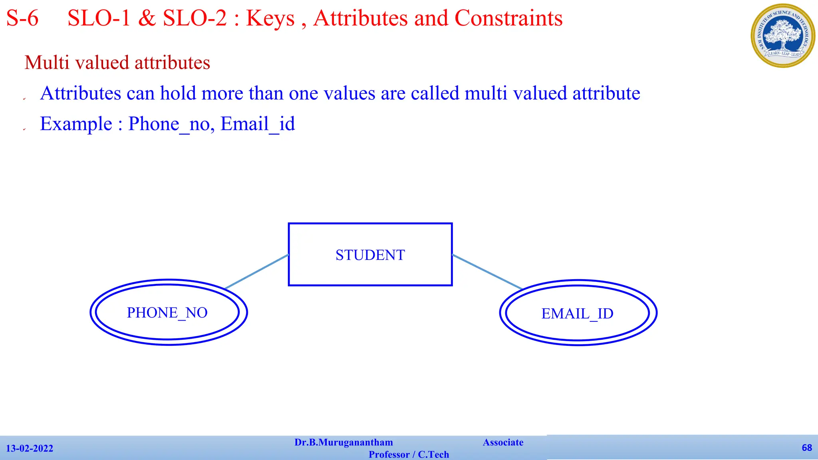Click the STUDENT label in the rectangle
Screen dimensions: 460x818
pos(370,255)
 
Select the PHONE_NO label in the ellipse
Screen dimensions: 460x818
pos(167,313)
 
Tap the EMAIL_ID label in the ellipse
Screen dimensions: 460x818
pos(577,314)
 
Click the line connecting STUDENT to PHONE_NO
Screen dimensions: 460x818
pos(256,272)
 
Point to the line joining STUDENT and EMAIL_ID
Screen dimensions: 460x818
pos(487,272)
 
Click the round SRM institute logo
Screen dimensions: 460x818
pos(783,36)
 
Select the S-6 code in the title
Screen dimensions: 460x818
pos(22,18)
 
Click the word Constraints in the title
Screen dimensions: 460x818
pos(508,18)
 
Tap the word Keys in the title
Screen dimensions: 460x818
pos(270,18)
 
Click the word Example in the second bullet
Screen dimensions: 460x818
pos(76,124)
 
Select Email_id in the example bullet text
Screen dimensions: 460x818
pos(258,124)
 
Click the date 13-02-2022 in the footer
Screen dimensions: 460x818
pos(30,448)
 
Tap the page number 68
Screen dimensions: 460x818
pos(807,448)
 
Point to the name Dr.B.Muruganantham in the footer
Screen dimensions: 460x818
pos(343,442)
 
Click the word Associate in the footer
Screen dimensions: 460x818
pos(503,442)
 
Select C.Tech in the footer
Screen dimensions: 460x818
pos(433,454)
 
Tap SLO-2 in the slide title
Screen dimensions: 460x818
pos(195,18)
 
